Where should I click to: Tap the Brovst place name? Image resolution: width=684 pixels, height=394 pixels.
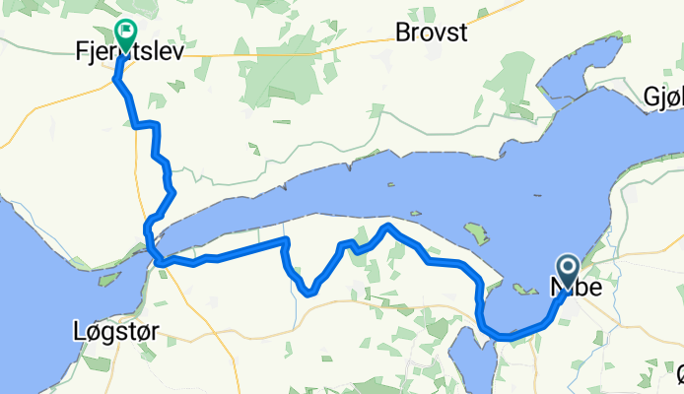point(432,32)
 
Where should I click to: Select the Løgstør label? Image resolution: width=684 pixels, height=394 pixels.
point(114,332)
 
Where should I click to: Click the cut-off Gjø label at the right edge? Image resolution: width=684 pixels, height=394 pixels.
point(662,98)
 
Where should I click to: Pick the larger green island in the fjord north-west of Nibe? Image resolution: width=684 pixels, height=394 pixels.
point(477,234)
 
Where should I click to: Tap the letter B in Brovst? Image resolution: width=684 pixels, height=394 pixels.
point(401,32)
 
